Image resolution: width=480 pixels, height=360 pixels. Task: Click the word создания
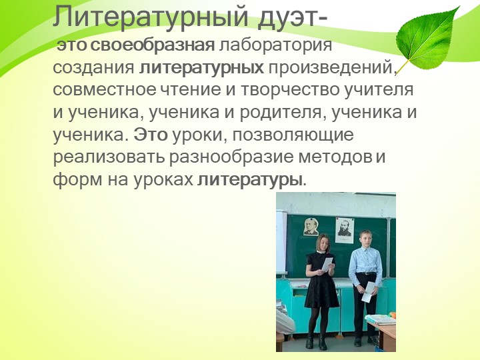pos(93,68)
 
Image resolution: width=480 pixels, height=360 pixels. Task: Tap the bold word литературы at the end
pos(250,180)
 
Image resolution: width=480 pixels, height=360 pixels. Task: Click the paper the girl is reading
pos(327,264)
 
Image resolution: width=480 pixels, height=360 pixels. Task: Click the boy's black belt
pos(365,274)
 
